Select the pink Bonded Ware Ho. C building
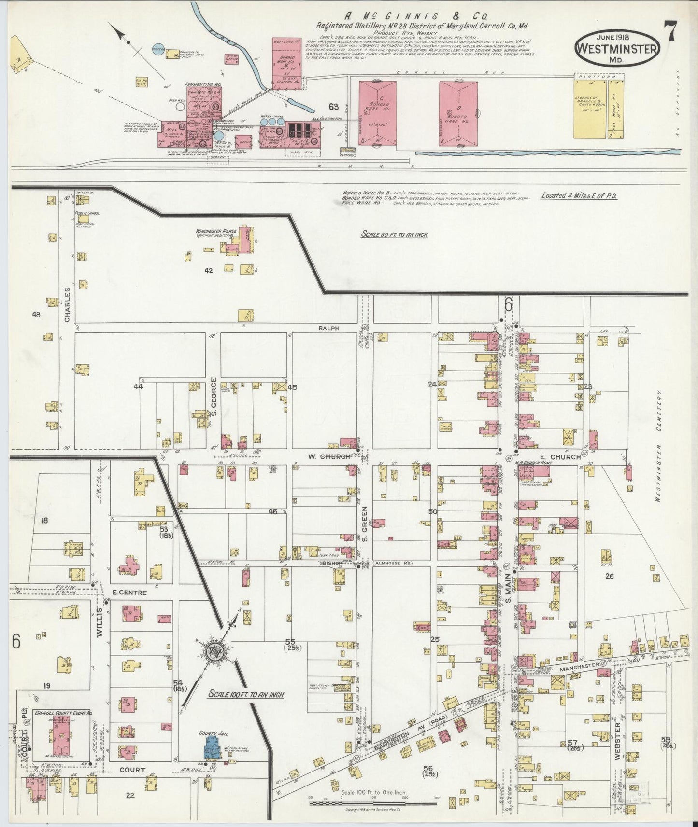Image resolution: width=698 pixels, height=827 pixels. (378, 113)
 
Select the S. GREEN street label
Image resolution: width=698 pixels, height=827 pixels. (365, 523)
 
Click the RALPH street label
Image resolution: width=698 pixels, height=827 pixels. (328, 328)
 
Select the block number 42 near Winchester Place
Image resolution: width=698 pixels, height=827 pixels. (208, 271)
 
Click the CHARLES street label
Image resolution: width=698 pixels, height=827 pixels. (68, 304)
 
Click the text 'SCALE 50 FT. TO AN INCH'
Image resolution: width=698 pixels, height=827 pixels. (394, 235)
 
